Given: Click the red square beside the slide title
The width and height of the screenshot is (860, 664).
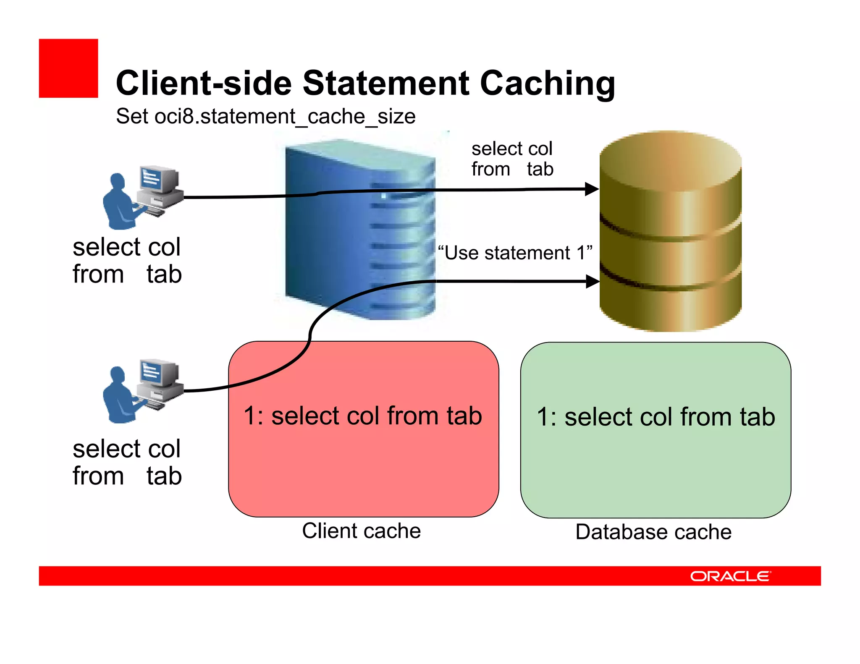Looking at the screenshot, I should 68,68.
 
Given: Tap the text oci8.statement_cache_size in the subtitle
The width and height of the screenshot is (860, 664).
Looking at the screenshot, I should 285,117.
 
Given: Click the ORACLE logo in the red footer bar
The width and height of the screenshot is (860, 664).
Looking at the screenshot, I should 730,576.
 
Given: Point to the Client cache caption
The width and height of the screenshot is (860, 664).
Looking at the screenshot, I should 361,531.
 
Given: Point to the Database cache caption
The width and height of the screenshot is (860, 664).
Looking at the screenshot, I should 653,532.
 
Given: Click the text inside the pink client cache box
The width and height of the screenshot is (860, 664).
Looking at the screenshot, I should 363,416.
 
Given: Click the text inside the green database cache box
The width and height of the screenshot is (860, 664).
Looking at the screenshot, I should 655,417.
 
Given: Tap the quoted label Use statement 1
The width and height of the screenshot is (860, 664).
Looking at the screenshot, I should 515,253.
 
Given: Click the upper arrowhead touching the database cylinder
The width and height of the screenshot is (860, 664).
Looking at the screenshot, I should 592,189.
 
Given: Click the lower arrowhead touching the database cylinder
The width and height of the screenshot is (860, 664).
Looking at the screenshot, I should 592,281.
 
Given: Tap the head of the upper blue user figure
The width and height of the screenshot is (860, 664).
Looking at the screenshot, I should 117,182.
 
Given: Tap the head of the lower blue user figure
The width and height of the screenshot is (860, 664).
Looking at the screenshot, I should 117,375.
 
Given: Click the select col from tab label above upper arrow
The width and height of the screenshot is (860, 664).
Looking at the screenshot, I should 512,159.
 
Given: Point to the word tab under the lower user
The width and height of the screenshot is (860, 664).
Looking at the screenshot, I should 164,476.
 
